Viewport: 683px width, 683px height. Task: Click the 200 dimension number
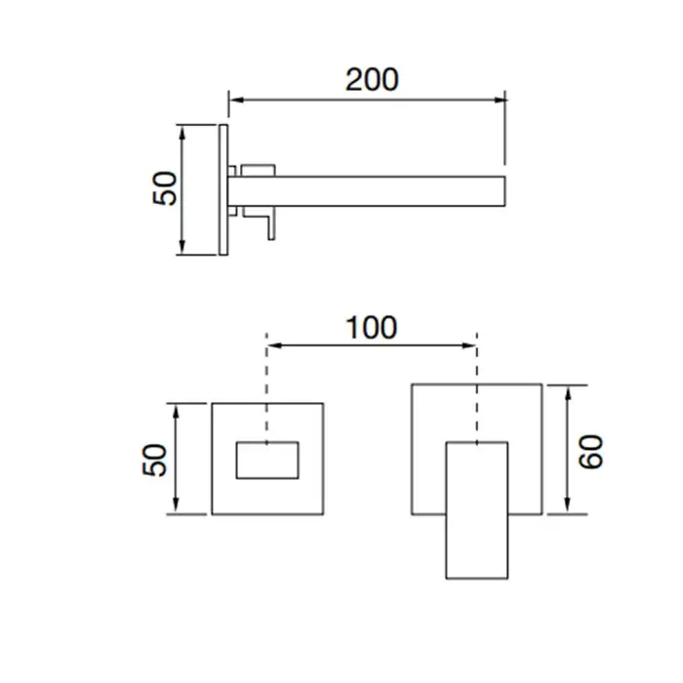point(372,80)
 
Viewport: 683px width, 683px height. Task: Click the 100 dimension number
point(372,328)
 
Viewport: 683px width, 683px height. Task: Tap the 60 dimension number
point(590,451)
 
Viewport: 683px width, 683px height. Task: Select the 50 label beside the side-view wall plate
point(165,188)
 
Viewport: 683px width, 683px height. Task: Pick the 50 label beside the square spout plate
point(154,460)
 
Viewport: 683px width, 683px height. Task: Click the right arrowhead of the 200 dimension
point(500,100)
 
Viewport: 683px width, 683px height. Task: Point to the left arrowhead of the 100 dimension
point(273,345)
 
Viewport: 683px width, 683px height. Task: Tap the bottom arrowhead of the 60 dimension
point(568,506)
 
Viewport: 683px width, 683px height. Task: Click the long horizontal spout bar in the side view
point(366,191)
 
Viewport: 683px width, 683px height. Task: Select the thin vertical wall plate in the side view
point(223,190)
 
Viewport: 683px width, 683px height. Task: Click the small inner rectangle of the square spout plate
point(267,461)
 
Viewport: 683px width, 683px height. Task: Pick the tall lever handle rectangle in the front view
point(477,510)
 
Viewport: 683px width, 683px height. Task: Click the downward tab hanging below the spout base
point(271,226)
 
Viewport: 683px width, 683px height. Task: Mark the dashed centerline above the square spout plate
point(266,387)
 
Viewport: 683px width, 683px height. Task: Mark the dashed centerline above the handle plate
point(477,387)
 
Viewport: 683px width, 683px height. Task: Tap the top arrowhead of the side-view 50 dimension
point(182,133)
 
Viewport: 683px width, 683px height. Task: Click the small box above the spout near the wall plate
point(259,171)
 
